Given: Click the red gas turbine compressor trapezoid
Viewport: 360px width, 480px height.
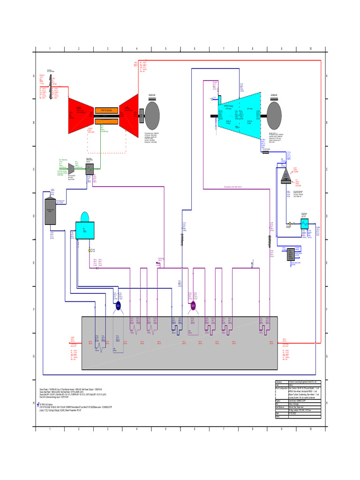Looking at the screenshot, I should [81, 112].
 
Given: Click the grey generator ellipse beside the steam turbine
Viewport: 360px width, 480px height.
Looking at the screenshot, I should [274, 114].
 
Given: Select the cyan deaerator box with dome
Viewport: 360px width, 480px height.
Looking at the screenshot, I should [85, 228].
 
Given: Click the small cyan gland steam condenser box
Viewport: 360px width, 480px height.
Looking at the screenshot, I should [304, 224].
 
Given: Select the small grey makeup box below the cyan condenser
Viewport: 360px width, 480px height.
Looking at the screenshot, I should [291, 254].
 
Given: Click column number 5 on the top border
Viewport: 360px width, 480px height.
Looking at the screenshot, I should [165, 48].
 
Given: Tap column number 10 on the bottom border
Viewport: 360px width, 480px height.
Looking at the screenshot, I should [310, 429].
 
